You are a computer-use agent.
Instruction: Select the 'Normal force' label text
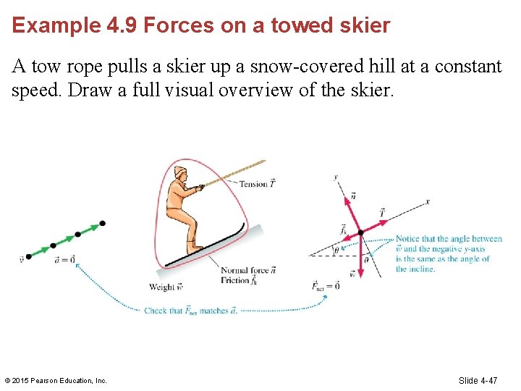(x=245, y=271)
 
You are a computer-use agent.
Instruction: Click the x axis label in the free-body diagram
(x=428, y=202)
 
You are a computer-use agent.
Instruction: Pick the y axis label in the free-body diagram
(x=336, y=177)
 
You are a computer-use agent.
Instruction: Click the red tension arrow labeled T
(x=371, y=224)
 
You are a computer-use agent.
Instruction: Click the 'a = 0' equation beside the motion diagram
(x=64, y=259)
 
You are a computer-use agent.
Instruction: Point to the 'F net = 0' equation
(x=325, y=286)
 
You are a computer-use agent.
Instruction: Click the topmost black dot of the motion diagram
(x=102, y=224)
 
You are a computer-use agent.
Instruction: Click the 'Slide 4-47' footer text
(x=478, y=380)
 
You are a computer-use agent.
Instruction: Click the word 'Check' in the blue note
(x=155, y=311)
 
